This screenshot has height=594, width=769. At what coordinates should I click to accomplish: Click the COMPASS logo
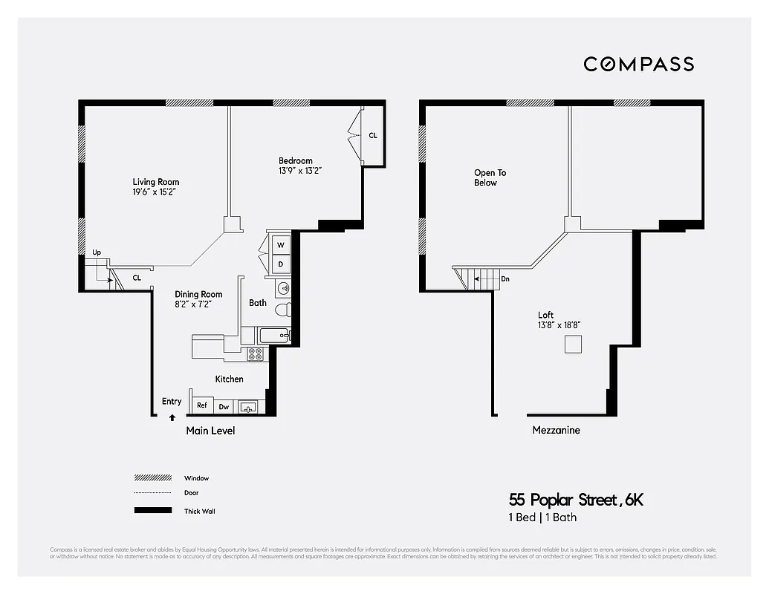click(638, 64)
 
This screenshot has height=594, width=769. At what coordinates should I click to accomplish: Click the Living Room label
click(155, 182)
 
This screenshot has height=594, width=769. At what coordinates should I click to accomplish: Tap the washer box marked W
click(280, 244)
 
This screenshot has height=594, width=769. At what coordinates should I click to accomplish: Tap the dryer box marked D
click(280, 264)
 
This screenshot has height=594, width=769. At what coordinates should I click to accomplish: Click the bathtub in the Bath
click(273, 336)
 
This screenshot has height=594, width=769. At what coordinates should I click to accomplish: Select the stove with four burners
click(256, 354)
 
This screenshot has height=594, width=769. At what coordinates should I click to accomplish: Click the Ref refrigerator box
click(202, 406)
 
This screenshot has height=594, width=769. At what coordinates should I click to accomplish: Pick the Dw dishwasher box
click(224, 407)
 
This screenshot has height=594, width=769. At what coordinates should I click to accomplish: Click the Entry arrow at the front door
click(172, 417)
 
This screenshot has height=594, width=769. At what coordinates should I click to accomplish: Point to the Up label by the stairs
click(97, 252)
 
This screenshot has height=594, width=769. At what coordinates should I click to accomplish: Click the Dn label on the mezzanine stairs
click(505, 279)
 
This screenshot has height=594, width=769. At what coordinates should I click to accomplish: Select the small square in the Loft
click(573, 345)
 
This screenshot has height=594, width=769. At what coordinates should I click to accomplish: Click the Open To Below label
click(490, 177)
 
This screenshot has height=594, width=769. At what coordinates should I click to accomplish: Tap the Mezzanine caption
click(556, 430)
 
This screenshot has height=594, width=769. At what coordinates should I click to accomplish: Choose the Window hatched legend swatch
click(149, 477)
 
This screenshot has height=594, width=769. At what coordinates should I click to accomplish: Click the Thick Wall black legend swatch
click(149, 511)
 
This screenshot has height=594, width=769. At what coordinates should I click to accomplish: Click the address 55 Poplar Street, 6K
click(576, 500)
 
